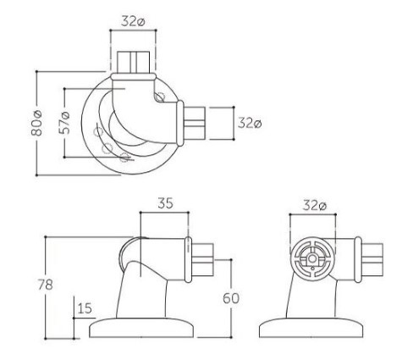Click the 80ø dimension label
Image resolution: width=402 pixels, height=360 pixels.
point(37,123)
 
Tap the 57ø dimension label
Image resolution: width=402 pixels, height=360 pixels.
point(64,123)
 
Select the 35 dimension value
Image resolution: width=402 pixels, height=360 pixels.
point(165,203)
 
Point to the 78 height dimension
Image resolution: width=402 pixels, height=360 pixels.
point(46,285)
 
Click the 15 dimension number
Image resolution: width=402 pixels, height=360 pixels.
point(85,308)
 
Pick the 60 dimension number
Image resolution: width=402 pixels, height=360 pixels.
point(231,298)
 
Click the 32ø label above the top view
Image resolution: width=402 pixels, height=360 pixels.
point(133,21)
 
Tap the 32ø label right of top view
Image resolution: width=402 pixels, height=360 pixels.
point(250,123)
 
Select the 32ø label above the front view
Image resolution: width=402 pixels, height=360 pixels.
point(315,205)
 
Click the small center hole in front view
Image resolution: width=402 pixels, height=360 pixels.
point(312,258)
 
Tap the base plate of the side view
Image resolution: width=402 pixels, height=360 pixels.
point(141,328)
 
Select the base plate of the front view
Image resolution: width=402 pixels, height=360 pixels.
point(311,328)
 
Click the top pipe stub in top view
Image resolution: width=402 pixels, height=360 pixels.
point(133,62)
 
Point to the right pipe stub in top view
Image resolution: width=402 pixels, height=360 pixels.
point(194,123)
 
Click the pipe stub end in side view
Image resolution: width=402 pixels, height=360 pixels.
point(202,260)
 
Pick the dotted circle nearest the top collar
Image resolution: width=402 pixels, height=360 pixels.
point(160,97)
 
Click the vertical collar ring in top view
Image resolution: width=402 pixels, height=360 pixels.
point(179,123)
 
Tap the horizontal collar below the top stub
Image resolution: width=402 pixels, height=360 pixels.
point(133,76)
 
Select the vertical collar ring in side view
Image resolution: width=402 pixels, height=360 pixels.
point(188,260)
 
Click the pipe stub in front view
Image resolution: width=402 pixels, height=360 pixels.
point(372,260)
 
